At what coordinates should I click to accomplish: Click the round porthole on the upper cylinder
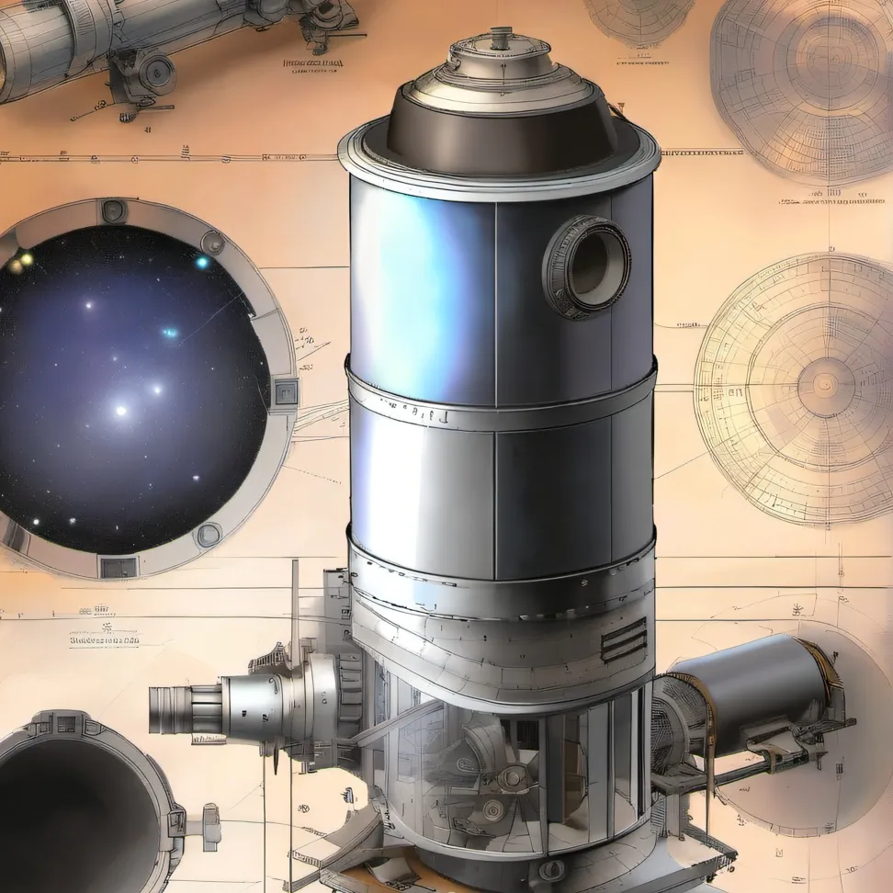pos(588,266)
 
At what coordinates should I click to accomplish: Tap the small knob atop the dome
pos(501,38)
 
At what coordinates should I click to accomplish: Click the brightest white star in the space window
pos(120,410)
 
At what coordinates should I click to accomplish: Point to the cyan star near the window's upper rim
pos(201,263)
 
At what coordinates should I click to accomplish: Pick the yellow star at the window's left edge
pos(26,260)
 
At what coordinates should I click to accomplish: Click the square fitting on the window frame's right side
pos(285,391)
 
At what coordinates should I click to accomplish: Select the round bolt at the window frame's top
pos(114,210)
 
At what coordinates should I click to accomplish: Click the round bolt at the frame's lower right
pos(209,534)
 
